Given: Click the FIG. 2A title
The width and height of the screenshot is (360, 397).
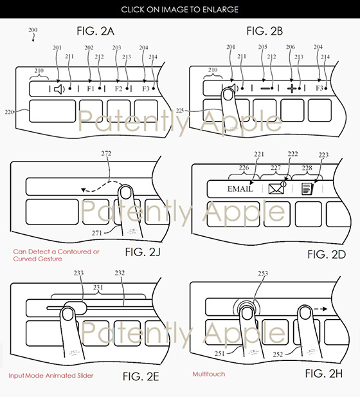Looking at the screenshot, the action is tap(95, 31).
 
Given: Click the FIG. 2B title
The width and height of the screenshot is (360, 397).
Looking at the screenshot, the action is tap(265, 31).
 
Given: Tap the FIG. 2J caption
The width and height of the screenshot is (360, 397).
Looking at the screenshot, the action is tap(143, 252).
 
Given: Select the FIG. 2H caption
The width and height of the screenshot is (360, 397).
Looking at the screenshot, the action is tap(324, 373).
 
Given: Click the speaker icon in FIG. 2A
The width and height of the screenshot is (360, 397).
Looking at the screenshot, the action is tap(59, 89).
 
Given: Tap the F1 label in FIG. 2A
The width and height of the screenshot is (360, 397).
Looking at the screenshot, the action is tap(91, 89).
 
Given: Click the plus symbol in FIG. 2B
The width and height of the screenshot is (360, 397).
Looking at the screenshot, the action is tap(292, 88).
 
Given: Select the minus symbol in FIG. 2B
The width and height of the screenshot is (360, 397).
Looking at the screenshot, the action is tap(265, 88).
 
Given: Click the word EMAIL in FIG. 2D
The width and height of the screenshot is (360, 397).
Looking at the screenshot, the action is tap(240, 189).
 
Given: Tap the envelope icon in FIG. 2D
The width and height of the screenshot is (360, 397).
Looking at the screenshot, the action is tap(277, 188).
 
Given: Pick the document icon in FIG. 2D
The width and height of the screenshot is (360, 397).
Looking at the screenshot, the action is tap(307, 189).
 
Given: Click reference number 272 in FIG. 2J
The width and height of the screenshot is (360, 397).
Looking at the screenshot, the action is tap(106, 153).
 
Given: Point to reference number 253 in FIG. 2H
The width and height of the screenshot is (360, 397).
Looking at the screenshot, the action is tap(263, 273).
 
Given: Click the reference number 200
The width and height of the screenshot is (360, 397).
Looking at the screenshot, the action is tap(33, 30).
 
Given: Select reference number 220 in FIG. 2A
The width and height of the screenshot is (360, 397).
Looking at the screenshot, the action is tap(9, 112).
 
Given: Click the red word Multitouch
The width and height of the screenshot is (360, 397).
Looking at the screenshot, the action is tap(209, 374).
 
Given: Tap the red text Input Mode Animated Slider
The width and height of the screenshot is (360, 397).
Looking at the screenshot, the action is tap(51, 376).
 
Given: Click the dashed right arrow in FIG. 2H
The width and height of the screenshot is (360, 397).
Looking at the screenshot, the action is tap(321, 309).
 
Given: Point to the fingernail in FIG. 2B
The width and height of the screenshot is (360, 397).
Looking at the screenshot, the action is tap(228, 95).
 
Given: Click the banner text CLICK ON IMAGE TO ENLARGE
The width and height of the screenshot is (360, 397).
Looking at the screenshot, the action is tap(180, 10).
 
